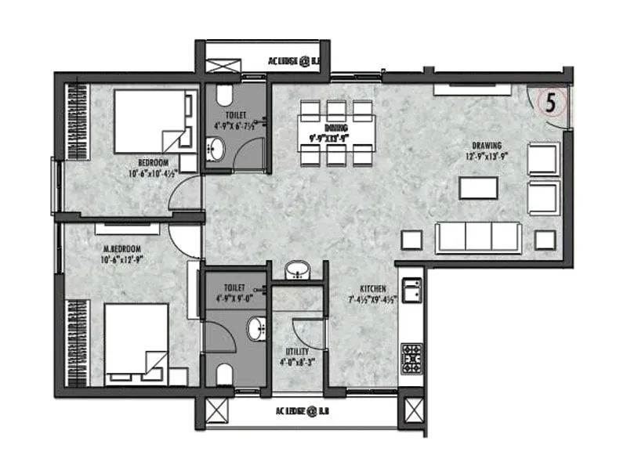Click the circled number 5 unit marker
point(552,102)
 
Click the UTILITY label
point(297,352)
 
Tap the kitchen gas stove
point(411,357)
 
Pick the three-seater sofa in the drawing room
point(479,237)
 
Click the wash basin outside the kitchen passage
point(296,270)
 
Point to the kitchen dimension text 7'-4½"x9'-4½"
point(372,299)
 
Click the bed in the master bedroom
point(137,345)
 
